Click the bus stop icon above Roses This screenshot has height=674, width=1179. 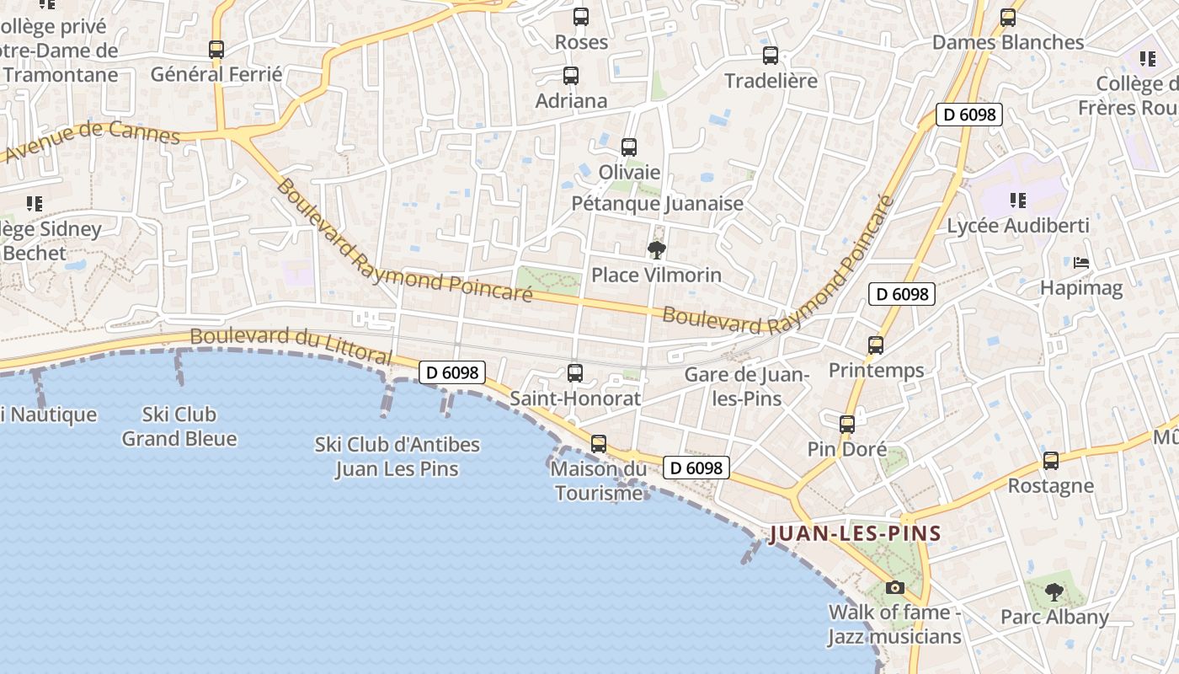click(x=580, y=16)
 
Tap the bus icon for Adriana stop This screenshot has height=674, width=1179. click(x=571, y=76)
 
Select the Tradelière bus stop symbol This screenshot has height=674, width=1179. click(x=771, y=56)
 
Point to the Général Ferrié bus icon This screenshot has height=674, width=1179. click(x=216, y=50)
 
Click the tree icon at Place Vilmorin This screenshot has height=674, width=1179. click(x=656, y=249)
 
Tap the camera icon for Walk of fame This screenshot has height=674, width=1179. click(x=894, y=587)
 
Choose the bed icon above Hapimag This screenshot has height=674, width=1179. click(x=1081, y=263)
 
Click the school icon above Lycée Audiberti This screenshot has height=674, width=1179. click(x=1018, y=201)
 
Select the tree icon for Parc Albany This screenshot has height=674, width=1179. click(x=1054, y=592)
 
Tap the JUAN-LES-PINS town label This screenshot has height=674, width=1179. click(x=855, y=533)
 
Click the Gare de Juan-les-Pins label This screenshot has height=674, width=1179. click(x=747, y=386)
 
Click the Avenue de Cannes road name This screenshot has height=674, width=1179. click(x=93, y=139)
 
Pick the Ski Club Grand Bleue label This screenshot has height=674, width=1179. click(x=179, y=426)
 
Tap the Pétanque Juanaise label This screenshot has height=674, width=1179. click(x=658, y=203)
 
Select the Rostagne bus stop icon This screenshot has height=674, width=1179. click(x=1051, y=461)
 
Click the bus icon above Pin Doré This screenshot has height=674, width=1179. click(x=847, y=425)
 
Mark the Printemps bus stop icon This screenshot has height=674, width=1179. click(x=876, y=345)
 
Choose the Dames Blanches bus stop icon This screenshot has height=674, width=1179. click(x=1008, y=18)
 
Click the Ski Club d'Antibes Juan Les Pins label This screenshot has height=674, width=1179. click(x=397, y=456)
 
